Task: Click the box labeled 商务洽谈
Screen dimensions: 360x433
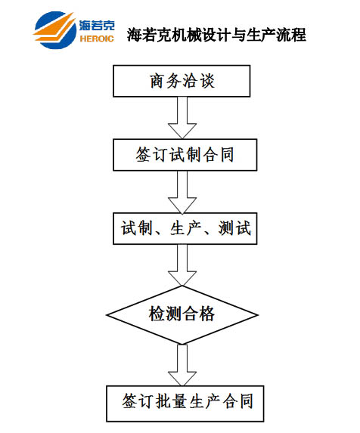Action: pos(182,81)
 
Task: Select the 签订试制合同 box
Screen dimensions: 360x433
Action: pos(185,155)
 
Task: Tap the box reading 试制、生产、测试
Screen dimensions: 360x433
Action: pos(185,228)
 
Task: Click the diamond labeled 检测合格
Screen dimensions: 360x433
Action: pos(182,315)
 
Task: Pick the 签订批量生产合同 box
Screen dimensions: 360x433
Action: pos(185,404)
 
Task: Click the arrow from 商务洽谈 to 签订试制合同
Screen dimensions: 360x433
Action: pos(182,118)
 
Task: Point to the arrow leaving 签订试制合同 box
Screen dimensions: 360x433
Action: pos(182,192)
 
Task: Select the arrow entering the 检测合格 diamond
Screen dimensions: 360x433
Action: pos(182,265)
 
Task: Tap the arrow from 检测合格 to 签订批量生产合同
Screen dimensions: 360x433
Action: pos(182,365)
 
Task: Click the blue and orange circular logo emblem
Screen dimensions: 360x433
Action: pos(54,30)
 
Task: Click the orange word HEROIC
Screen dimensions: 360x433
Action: pos(97,39)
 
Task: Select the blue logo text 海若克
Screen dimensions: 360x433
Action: pos(97,26)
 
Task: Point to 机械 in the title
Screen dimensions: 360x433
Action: pos(179,35)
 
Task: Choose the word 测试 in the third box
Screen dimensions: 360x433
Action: pos(234,228)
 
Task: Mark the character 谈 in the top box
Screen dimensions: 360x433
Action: pos(207,81)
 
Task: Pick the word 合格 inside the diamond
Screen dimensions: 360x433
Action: pos(198,314)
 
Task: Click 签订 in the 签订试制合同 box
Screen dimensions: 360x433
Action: pos(151,154)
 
